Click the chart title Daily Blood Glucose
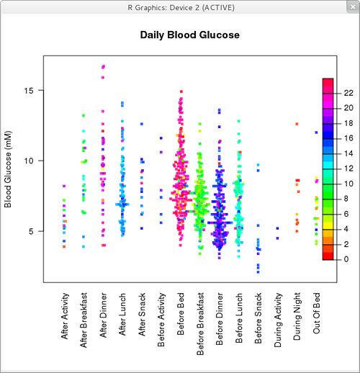(x=189, y=35)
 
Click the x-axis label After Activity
(x=66, y=320)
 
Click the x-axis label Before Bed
(x=181, y=318)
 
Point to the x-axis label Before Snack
(x=259, y=320)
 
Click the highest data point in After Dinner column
(x=104, y=66)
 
